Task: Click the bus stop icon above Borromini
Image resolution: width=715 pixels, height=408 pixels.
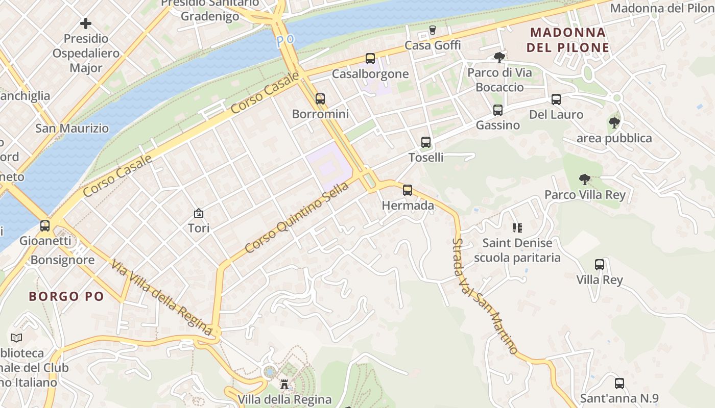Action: (320, 98)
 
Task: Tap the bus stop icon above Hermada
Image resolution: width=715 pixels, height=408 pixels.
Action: (408, 190)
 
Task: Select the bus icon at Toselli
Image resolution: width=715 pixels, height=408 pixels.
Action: (426, 142)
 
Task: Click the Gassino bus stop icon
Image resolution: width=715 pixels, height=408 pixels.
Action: (498, 110)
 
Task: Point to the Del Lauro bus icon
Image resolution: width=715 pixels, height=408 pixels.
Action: (556, 99)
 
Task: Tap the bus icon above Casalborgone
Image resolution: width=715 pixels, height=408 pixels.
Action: (370, 59)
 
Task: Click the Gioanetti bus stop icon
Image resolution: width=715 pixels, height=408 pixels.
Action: (45, 225)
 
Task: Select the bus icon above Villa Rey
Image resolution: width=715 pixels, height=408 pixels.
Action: (600, 265)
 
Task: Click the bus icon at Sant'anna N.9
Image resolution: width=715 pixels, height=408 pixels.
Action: (619, 384)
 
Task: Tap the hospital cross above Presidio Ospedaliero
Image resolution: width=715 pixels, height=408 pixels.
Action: (86, 23)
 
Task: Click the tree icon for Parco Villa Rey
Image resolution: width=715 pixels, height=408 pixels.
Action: (585, 180)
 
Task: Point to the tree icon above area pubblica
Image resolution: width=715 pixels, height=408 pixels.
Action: (614, 123)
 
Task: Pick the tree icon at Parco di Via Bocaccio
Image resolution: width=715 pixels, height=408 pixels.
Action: (499, 58)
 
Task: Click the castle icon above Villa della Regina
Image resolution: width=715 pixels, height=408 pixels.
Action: (284, 384)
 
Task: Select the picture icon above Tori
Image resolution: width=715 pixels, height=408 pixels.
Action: (199, 213)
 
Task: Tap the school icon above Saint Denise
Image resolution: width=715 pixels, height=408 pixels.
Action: (517, 228)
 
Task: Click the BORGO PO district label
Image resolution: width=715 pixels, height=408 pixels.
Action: (66, 296)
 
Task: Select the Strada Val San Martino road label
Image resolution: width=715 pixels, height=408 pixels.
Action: (485, 296)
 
